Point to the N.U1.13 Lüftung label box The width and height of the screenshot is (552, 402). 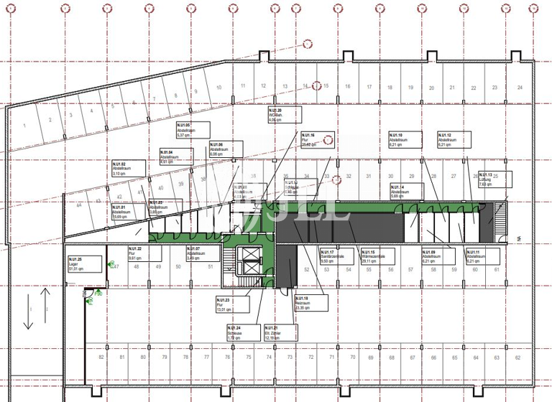pos(495,179)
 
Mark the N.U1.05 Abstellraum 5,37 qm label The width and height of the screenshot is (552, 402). pos(193,130)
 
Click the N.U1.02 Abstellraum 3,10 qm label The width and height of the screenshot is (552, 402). pos(129,169)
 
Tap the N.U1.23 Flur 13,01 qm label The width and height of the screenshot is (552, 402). pos(232,305)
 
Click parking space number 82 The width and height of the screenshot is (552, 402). pos(101,357)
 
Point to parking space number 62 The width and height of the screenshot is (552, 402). pos(517,357)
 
